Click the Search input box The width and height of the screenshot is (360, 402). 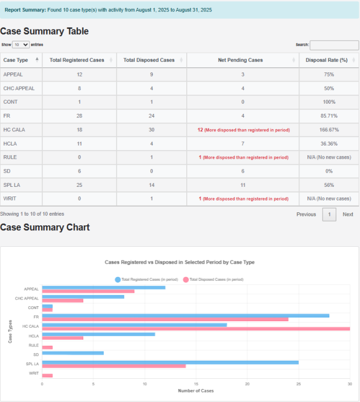click(x=334, y=45)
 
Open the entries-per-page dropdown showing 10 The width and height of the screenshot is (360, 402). click(x=20, y=44)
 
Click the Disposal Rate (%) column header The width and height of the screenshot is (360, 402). click(x=327, y=59)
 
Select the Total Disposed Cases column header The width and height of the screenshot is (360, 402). click(x=149, y=59)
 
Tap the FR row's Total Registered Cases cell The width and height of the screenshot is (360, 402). click(x=80, y=116)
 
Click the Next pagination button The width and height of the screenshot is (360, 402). click(x=348, y=214)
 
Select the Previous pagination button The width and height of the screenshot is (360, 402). click(x=306, y=214)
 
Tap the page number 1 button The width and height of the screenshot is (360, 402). click(x=329, y=214)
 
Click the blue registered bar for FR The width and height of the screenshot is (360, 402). click(x=185, y=315)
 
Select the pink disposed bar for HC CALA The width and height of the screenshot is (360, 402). click(x=195, y=328)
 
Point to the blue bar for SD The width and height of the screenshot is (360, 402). click(x=72, y=353)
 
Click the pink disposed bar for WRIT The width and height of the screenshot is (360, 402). click(x=47, y=375)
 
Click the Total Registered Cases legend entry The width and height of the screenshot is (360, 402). click(x=147, y=280)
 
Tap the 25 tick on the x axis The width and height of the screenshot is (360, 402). click(x=298, y=383)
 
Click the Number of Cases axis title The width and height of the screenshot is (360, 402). click(x=196, y=390)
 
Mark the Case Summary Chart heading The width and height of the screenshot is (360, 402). click(x=45, y=228)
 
